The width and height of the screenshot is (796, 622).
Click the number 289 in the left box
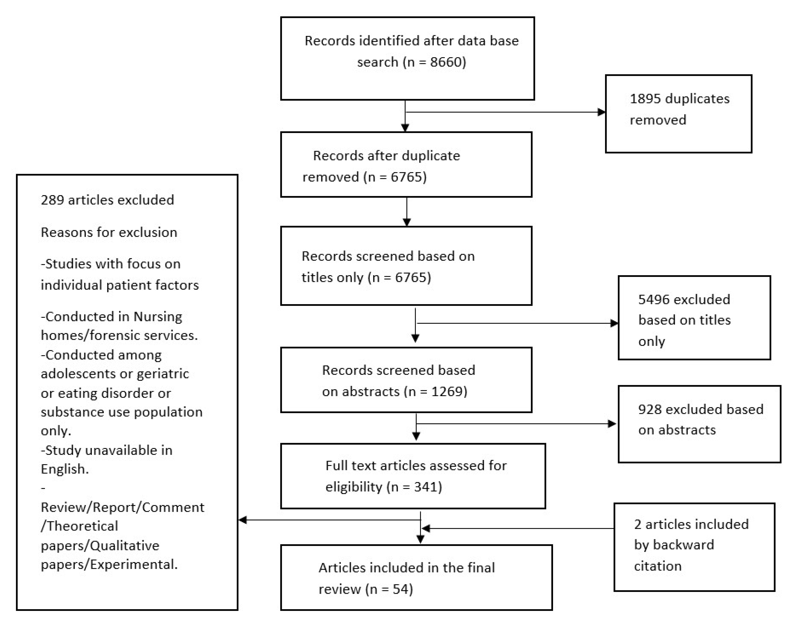[52, 200]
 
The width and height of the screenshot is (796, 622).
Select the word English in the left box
[64, 469]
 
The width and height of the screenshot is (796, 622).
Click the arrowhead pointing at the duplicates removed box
[601, 112]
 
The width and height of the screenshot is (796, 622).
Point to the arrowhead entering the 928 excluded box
[612, 424]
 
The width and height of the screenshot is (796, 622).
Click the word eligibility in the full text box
[354, 487]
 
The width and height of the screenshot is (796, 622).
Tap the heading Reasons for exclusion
[109, 232]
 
